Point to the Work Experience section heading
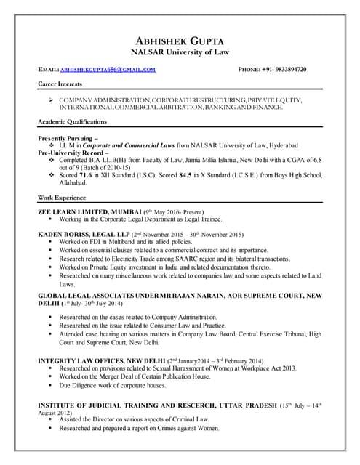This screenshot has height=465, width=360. pyautogui.click(x=65, y=198)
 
